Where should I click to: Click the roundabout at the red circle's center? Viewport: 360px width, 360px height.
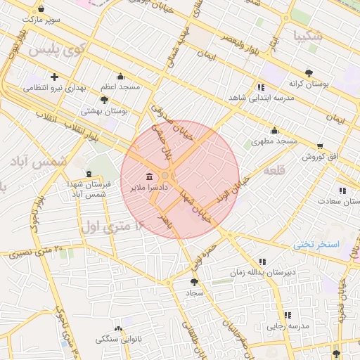coord(166,175)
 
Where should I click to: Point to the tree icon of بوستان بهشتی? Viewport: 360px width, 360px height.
coord(105,100)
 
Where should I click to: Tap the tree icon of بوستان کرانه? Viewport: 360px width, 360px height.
coord(309,72)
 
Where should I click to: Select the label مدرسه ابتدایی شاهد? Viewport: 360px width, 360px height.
coord(262,99)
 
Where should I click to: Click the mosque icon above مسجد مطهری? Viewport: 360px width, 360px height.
coord(274,130)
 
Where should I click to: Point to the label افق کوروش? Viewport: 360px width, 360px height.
coord(321,156)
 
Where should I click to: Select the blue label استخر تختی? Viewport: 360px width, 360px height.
coord(316,244)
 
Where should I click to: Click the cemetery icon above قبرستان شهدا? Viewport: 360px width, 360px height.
coord(88,174)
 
